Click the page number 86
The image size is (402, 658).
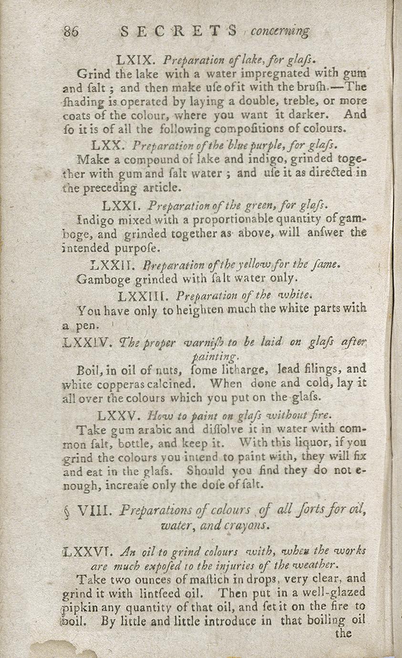coord(71,31)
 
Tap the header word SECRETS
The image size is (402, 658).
coord(179,31)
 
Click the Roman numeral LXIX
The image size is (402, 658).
coord(134,61)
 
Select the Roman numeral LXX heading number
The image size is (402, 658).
coord(108,146)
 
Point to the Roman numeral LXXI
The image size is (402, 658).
coord(120,206)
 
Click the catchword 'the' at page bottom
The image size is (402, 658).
coord(343,633)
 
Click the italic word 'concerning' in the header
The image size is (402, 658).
coord(280,31)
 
